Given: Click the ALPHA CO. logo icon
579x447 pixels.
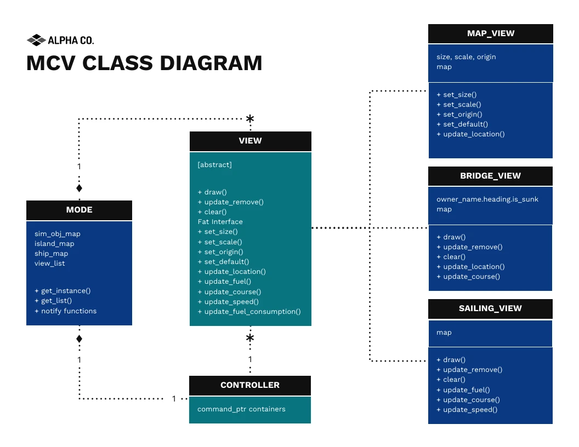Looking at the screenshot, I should click(x=36, y=40).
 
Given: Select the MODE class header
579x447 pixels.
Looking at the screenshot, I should click(x=79, y=210).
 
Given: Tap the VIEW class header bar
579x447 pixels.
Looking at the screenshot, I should click(x=250, y=141).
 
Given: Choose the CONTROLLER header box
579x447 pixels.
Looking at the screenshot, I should click(x=250, y=385).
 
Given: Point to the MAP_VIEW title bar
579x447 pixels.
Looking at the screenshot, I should click(x=490, y=33).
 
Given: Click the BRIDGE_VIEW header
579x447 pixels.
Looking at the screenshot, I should click(x=490, y=176).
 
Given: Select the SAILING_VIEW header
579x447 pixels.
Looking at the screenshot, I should click(x=490, y=308).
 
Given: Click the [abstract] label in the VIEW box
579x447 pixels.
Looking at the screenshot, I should click(x=215, y=164).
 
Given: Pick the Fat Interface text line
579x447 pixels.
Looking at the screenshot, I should click(x=220, y=222).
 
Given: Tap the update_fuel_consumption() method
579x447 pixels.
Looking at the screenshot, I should click(x=249, y=312).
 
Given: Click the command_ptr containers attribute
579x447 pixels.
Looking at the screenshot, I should click(x=241, y=409).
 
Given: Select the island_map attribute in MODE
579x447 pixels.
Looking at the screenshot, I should click(x=54, y=244).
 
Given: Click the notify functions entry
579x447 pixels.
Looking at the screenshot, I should click(x=65, y=311).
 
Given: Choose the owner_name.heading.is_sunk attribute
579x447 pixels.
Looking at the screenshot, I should click(x=487, y=199).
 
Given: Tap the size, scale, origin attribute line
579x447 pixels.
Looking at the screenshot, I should click(x=466, y=57).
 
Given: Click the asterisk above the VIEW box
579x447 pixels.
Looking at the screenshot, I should click(x=250, y=119).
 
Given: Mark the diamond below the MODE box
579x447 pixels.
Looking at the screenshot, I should click(x=79, y=339).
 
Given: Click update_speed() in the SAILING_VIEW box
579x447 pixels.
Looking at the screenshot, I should click(x=467, y=410).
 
